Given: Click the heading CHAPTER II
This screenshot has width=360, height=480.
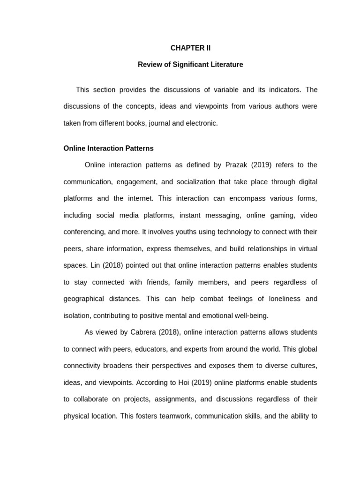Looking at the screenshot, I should point(190,48).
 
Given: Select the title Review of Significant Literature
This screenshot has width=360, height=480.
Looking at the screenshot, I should point(190,65).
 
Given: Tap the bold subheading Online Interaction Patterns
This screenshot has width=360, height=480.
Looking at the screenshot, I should point(108,148).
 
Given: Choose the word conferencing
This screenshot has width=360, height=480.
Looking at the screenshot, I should point(83,232).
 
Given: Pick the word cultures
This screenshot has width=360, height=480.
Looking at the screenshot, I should point(302,366).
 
